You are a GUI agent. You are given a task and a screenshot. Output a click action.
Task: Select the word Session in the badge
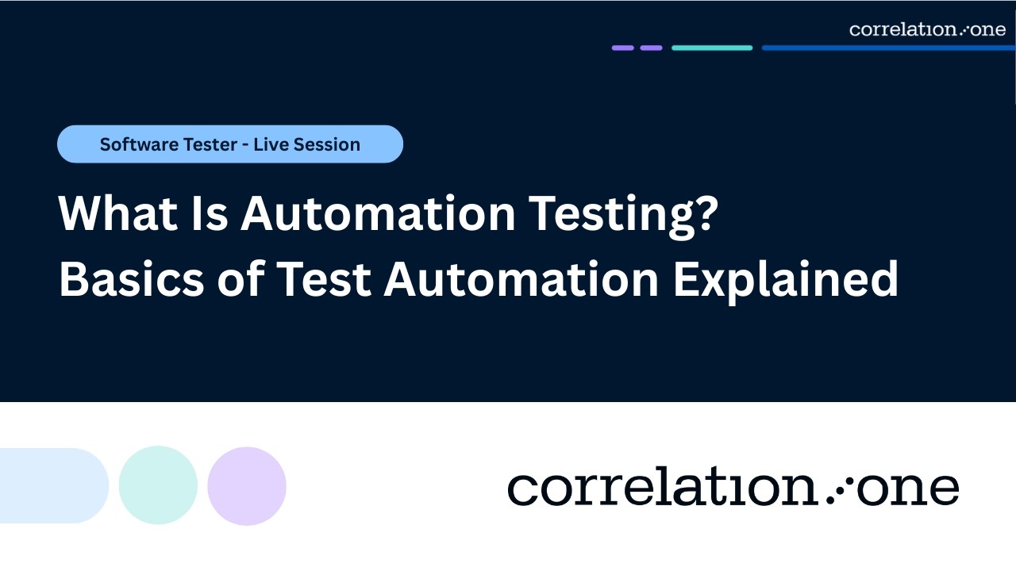[x=327, y=145]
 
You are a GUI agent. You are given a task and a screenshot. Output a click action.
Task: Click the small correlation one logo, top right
[x=926, y=29]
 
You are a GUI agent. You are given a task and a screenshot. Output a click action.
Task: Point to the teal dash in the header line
[x=712, y=48]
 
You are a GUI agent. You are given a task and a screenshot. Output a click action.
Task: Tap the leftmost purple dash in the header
[x=623, y=48]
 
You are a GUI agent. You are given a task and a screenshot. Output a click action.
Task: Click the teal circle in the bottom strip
[x=158, y=485]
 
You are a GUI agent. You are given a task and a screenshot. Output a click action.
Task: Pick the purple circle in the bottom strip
[x=247, y=485]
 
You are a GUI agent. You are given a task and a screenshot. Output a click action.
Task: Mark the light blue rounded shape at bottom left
[x=52, y=485]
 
